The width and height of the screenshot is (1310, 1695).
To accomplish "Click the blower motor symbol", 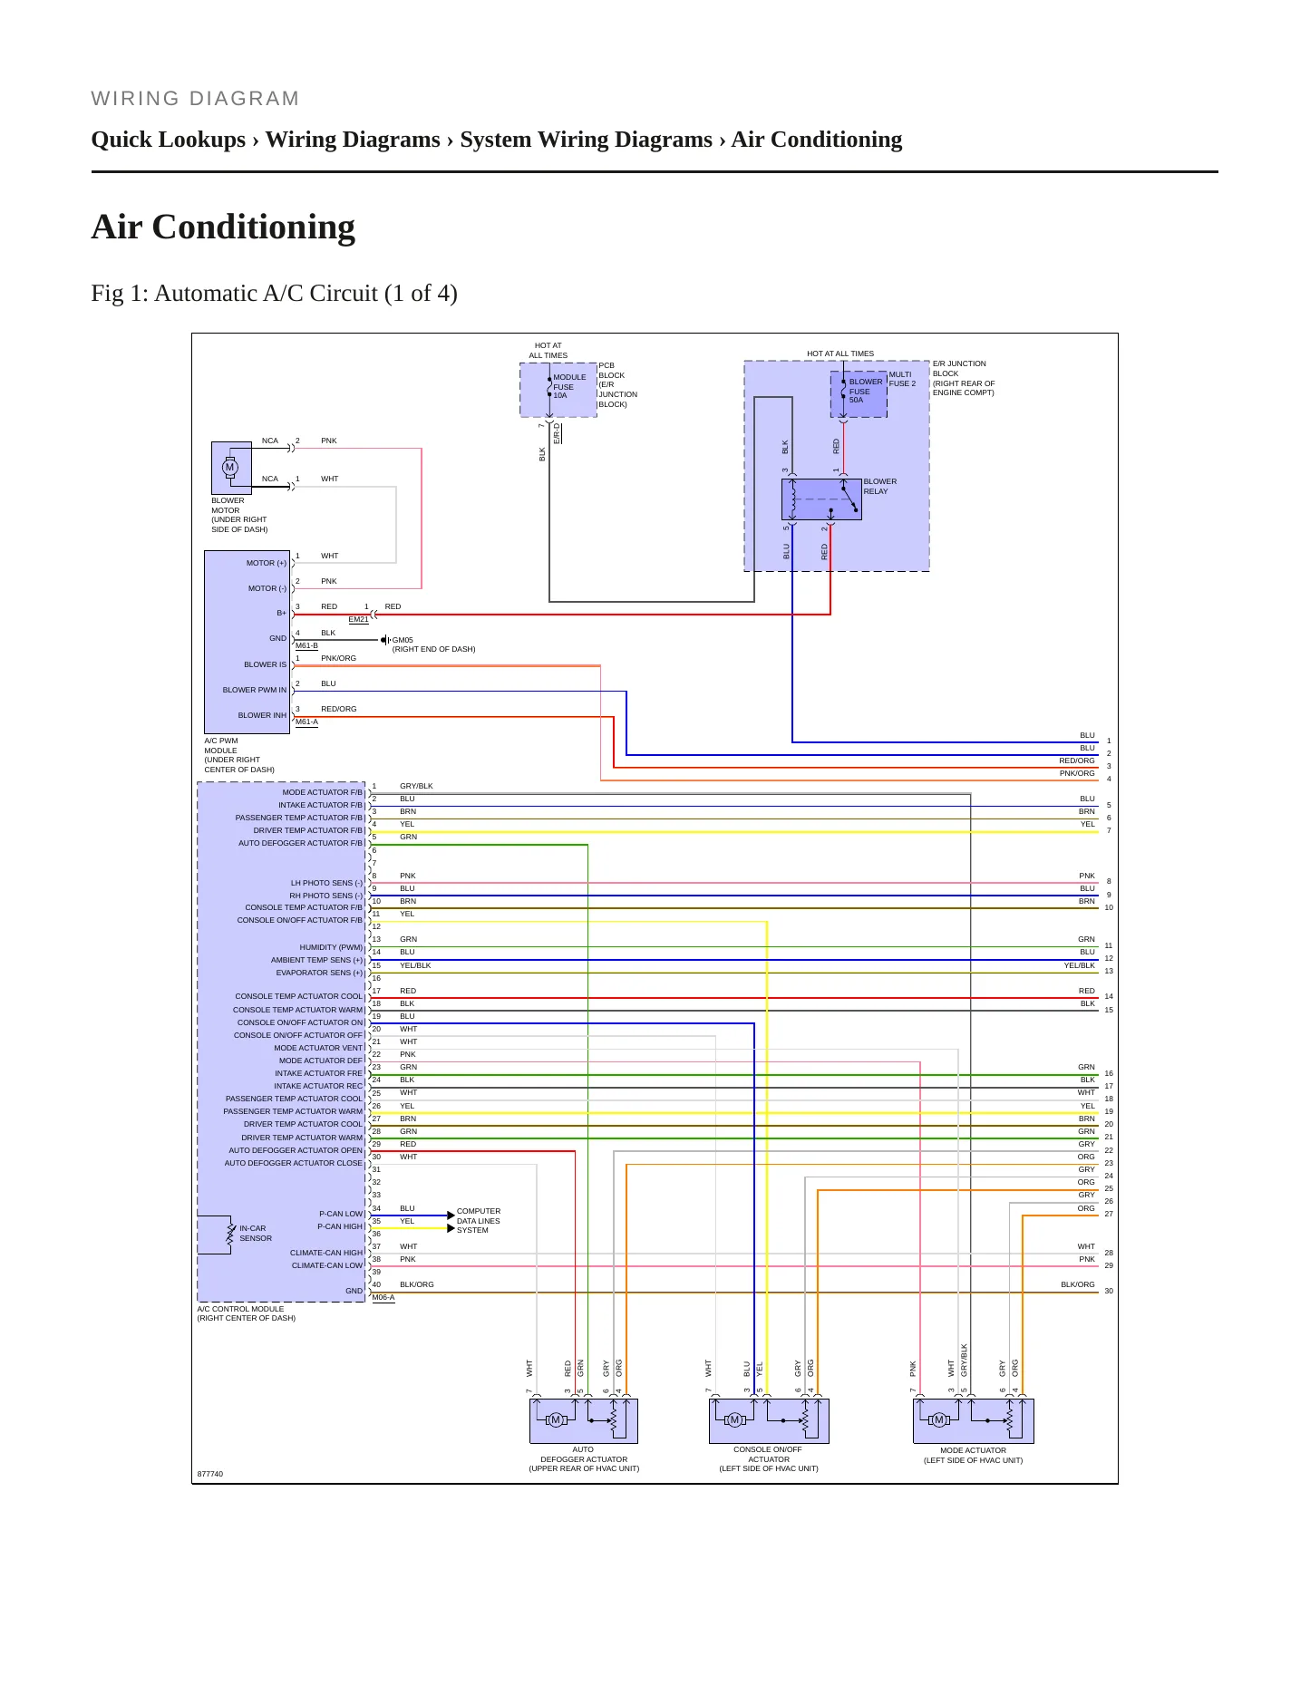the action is click(x=230, y=468).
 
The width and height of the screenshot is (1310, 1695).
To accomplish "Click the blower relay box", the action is click(x=821, y=499).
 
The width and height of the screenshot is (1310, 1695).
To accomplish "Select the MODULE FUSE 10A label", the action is click(x=569, y=386).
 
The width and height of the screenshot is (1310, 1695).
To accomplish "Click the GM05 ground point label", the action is click(x=403, y=640).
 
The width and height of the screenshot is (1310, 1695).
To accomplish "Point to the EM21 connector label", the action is click(x=359, y=620).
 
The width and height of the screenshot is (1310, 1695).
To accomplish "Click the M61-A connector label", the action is click(x=306, y=722).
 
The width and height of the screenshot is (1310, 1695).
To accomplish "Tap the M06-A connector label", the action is click(x=383, y=1298).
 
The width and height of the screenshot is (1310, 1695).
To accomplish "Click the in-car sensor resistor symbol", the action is click(x=231, y=1234).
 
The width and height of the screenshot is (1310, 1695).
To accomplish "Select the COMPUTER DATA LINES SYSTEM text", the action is click(x=479, y=1221).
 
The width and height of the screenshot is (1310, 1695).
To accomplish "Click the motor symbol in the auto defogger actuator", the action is click(x=556, y=1419).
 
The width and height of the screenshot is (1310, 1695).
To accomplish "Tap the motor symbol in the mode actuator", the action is click(x=939, y=1419).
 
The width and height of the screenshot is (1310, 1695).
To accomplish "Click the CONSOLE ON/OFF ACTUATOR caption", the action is click(x=768, y=1455).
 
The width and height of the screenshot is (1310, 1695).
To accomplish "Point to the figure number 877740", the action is click(x=210, y=1474).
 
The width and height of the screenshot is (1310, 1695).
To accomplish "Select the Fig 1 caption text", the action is click(x=274, y=294).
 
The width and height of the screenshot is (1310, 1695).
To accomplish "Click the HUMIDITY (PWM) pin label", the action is click(x=331, y=947).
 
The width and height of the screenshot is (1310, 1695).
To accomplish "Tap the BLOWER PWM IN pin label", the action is click(x=255, y=690).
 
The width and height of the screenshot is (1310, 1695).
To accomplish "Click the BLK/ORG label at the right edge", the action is click(x=1078, y=1284).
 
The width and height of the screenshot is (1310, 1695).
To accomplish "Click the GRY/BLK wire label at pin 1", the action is click(x=416, y=786).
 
